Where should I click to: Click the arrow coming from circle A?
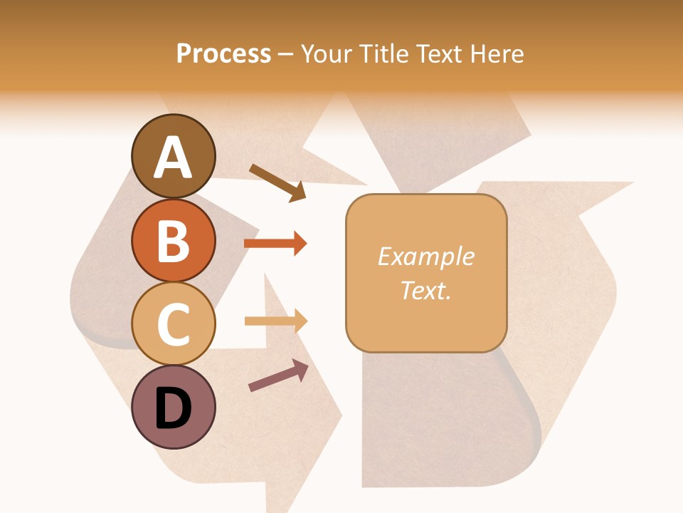[277, 182]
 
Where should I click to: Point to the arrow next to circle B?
[275, 244]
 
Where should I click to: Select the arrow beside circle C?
[275, 321]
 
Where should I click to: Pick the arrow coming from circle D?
[278, 375]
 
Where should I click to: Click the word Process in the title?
[223, 53]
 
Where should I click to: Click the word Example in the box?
[426, 256]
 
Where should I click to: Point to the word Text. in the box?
[426, 291]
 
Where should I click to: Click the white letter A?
[173, 158]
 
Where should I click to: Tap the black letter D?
[173, 410]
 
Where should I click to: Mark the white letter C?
[173, 325]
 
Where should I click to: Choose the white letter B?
[173, 242]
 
